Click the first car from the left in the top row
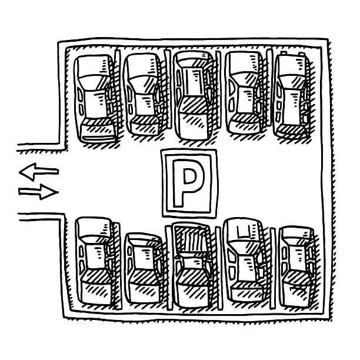pyautogui.click(x=94, y=97)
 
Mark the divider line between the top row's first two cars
pyautogui.click(x=119, y=94)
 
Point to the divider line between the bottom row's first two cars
pyautogui.click(x=119, y=265)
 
